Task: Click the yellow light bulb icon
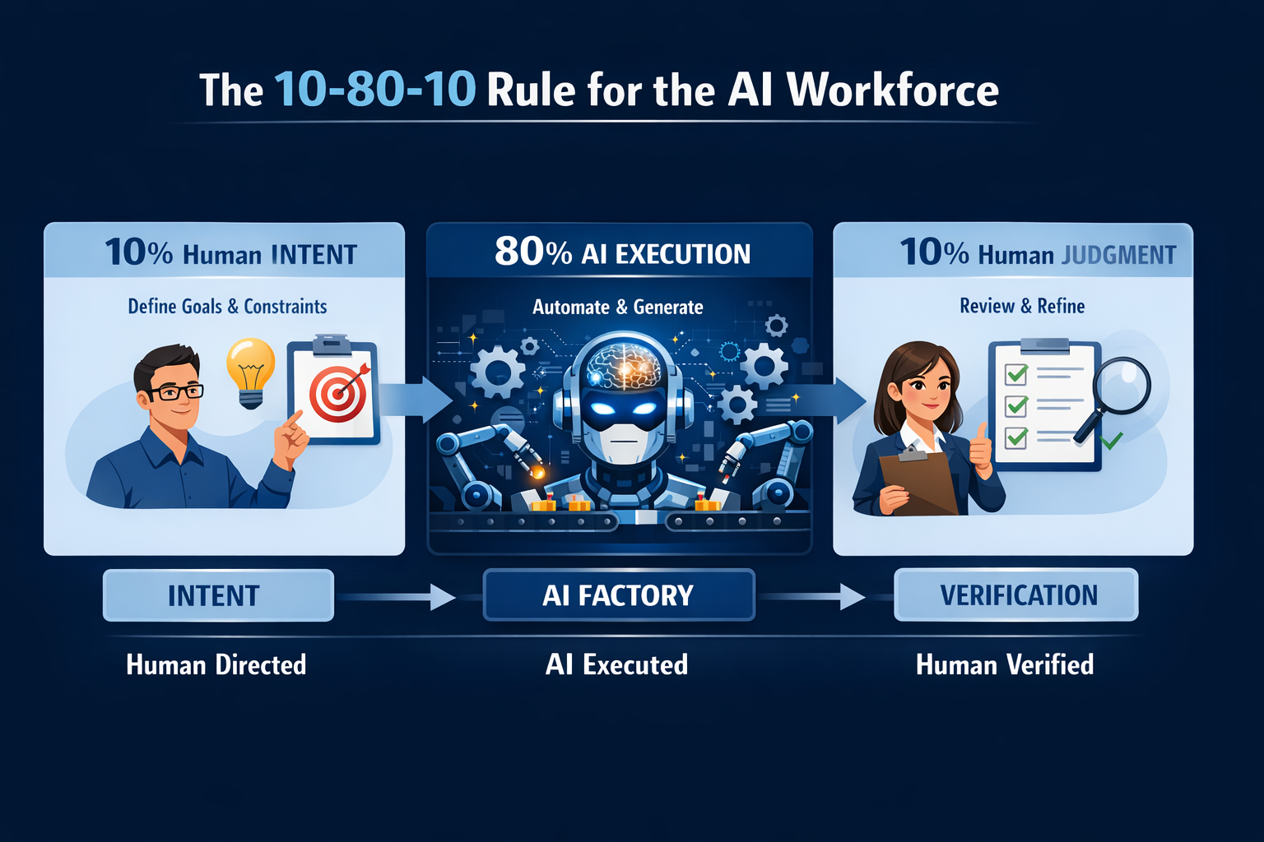(250, 370)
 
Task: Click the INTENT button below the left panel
(218, 595)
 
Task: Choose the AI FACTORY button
(619, 595)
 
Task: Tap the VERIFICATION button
(1017, 595)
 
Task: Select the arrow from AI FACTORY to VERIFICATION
(811, 596)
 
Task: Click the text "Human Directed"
(216, 664)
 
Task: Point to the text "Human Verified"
(1005, 664)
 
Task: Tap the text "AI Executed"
(616, 664)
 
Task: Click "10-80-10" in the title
(375, 90)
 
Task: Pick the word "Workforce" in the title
(892, 90)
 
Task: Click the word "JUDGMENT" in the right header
(1119, 255)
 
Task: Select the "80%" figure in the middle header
(532, 252)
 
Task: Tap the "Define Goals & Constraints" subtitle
(227, 307)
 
